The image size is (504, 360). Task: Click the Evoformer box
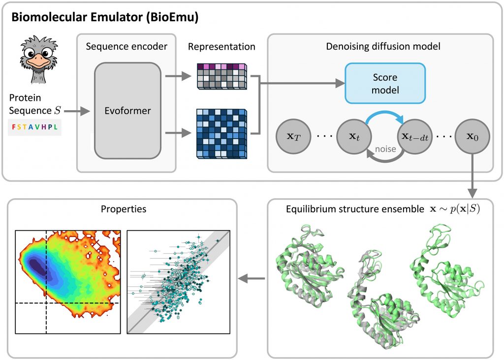[x=127, y=111]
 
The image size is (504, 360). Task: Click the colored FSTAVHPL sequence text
[x=34, y=126]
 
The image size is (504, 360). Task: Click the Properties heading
[x=123, y=209]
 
